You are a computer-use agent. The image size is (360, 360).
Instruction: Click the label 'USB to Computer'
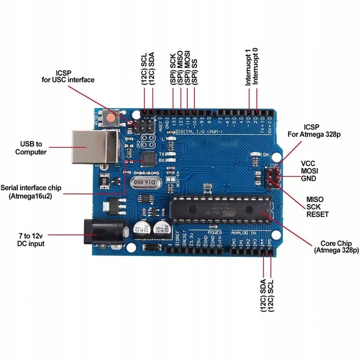31,148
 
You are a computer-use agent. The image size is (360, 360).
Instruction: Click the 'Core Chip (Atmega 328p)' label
336,246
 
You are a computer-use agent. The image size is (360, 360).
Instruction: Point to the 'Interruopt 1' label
248,67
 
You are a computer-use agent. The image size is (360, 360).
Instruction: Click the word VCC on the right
308,163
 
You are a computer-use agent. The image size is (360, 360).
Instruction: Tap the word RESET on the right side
317,214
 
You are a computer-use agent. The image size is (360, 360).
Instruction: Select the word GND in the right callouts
308,178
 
